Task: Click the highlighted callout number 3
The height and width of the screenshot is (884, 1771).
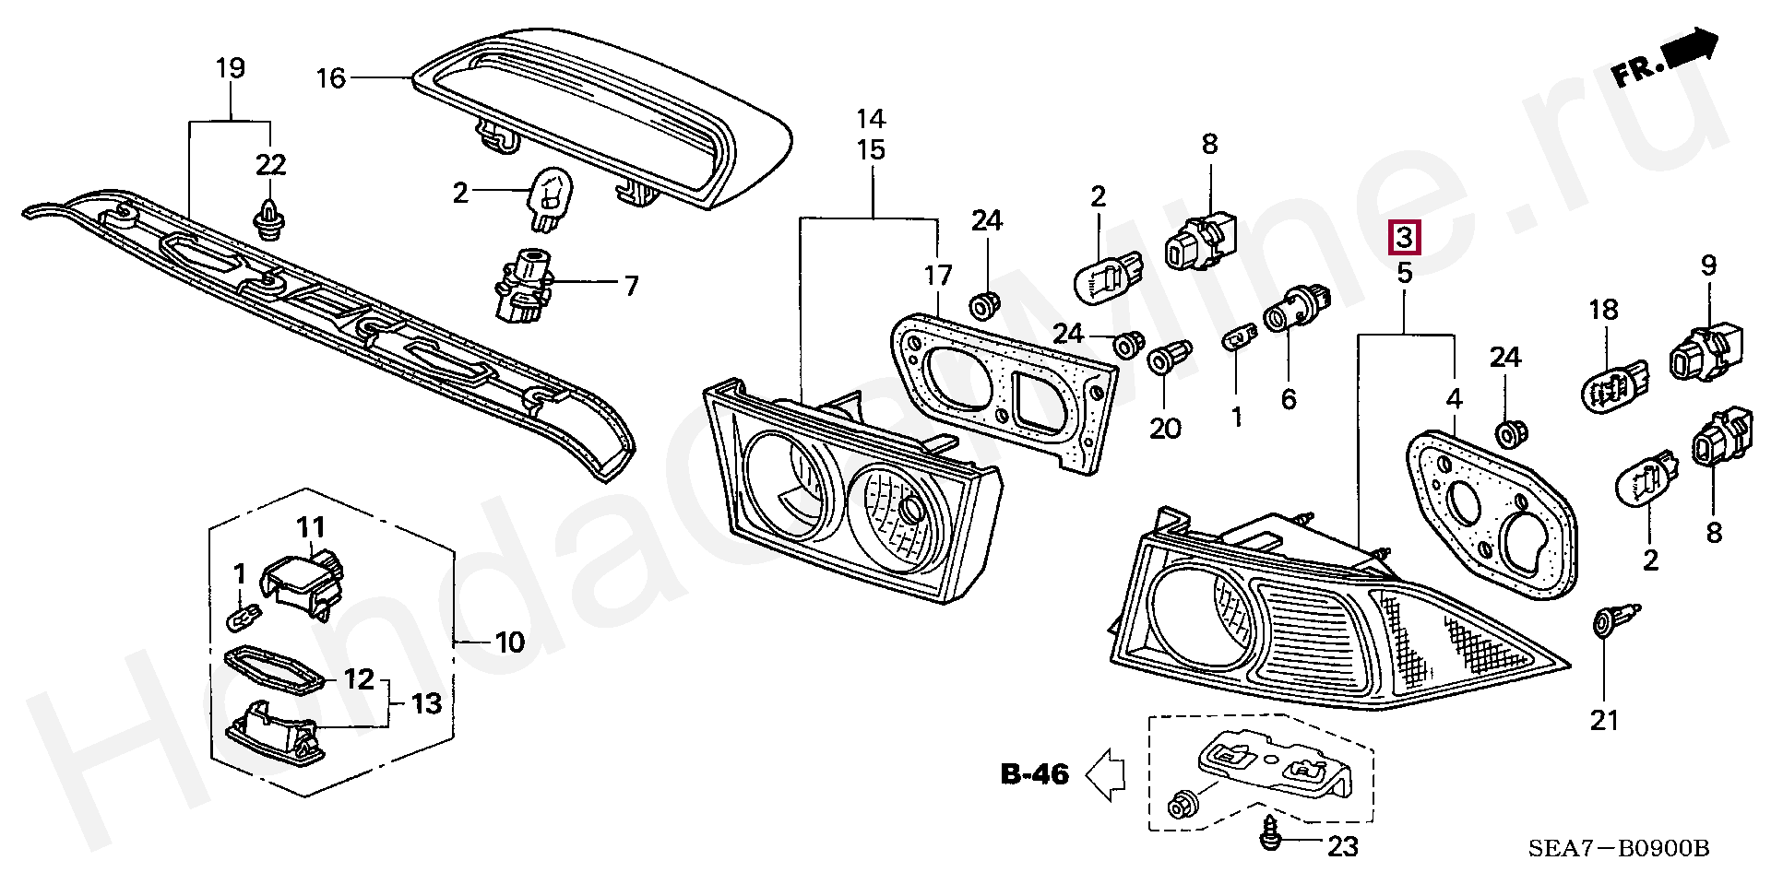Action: (1405, 239)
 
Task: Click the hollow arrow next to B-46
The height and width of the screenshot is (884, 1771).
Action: (1105, 773)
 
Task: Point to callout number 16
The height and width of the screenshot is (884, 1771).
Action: (330, 78)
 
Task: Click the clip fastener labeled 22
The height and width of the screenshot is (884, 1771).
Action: (269, 219)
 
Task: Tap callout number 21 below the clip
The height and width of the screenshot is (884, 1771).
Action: (1604, 720)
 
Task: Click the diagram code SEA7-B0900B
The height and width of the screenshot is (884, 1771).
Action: (1619, 848)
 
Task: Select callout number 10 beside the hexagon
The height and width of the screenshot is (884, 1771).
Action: (510, 642)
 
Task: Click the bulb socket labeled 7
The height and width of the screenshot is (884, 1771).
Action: (522, 285)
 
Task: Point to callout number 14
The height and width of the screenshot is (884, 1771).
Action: (871, 119)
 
